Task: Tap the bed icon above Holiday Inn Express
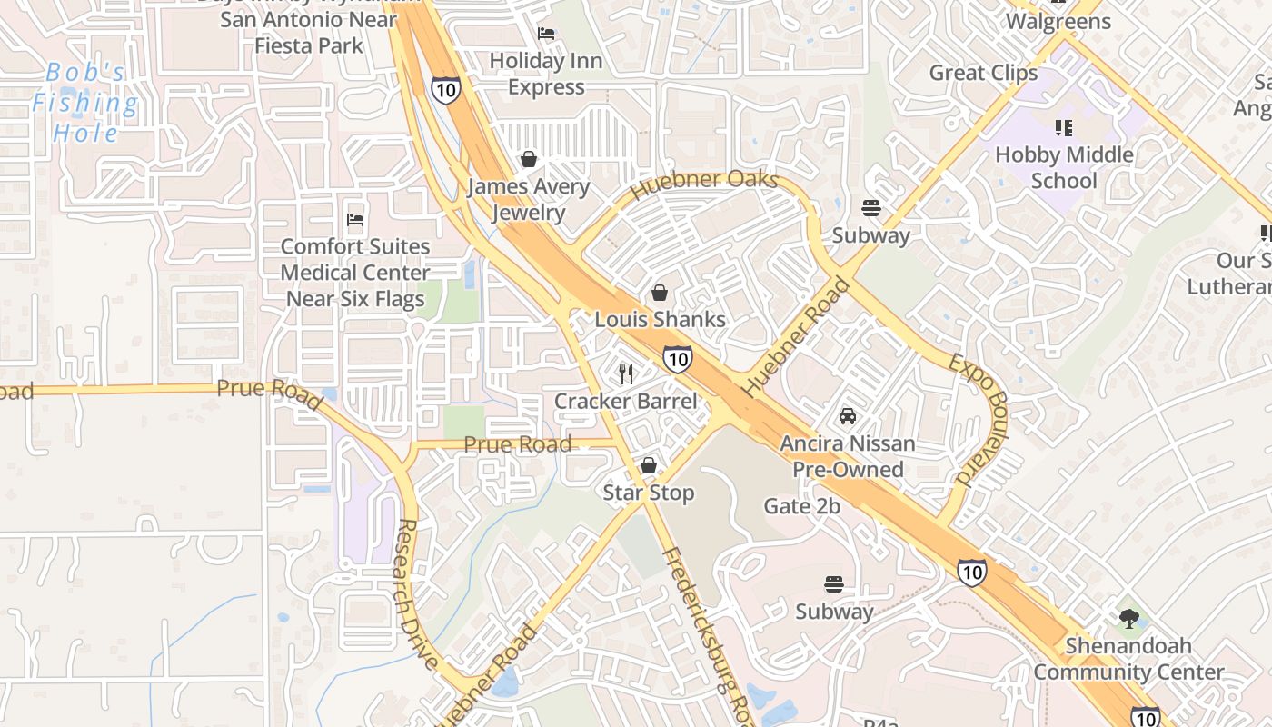(x=546, y=34)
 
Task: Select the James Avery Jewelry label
(x=528, y=200)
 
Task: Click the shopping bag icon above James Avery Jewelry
(x=529, y=159)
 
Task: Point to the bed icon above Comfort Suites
(x=355, y=219)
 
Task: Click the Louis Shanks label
(x=661, y=319)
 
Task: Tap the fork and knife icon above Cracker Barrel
(x=625, y=373)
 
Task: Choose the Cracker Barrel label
(x=626, y=401)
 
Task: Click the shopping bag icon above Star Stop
(x=649, y=465)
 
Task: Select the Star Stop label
(x=649, y=493)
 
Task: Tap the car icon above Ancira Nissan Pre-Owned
(x=848, y=416)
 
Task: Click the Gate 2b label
(x=802, y=506)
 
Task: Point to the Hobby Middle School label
(x=1064, y=167)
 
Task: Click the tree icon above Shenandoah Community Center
(x=1129, y=619)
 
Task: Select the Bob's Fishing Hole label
(x=85, y=102)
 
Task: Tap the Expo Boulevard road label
(x=980, y=419)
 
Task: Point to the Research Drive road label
(x=419, y=593)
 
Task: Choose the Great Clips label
(x=983, y=73)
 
